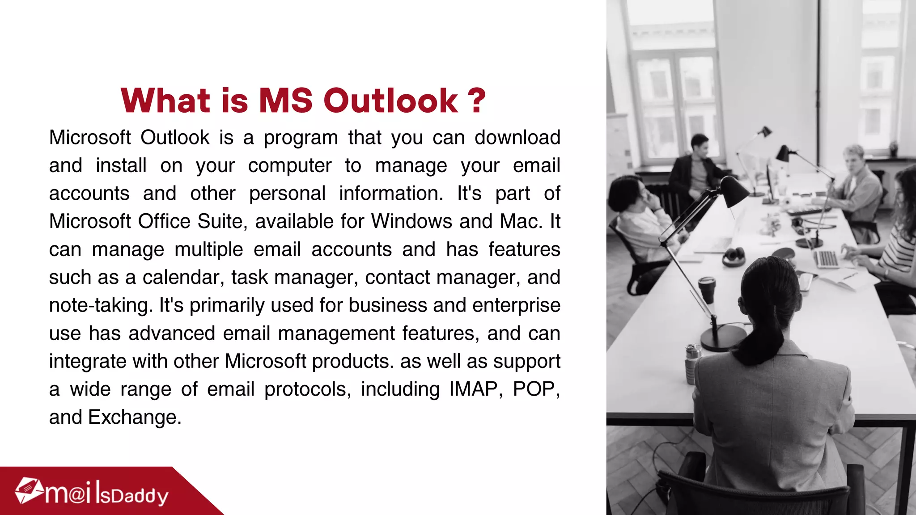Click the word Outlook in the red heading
pyautogui.click(x=390, y=101)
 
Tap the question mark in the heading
pyautogui.click(x=477, y=101)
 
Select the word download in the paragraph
pyautogui.click(x=517, y=138)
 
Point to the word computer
pyautogui.click(x=290, y=166)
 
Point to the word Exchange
pyautogui.click(x=135, y=418)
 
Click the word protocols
pyautogui.click(x=308, y=389)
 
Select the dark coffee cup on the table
pyautogui.click(x=707, y=290)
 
